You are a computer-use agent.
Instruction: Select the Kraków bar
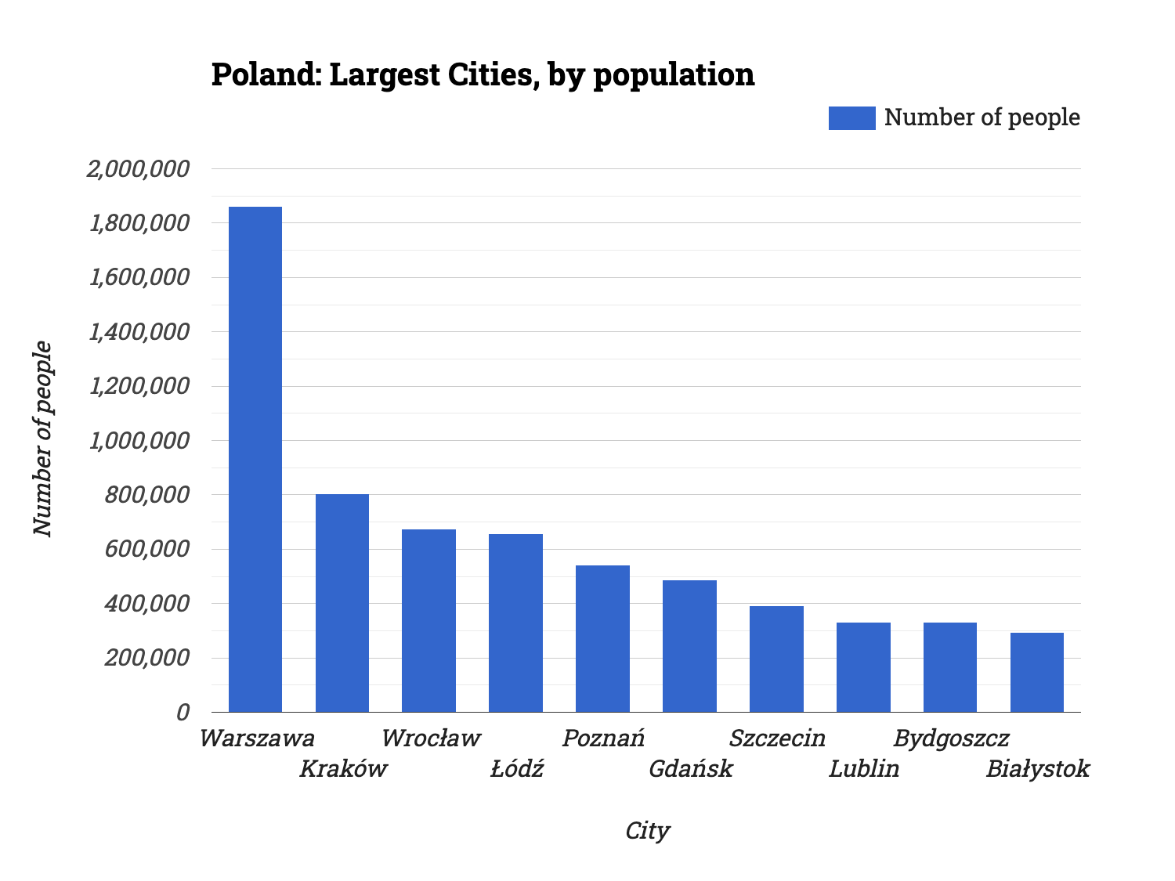(342, 603)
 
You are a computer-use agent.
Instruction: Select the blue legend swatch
(851, 117)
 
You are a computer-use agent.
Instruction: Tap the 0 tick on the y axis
(183, 712)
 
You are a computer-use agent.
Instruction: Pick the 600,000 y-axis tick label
(147, 549)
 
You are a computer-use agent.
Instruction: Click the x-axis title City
(647, 831)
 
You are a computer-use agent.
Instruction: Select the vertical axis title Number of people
(43, 439)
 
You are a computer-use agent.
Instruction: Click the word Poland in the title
(264, 75)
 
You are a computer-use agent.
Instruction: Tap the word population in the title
(674, 75)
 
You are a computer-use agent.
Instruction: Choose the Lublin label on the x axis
(864, 769)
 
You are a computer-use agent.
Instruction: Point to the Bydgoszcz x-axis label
(951, 738)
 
